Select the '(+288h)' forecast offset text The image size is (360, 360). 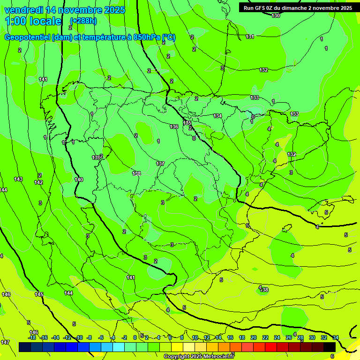coord(83,21)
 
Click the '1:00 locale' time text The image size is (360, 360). coord(33,21)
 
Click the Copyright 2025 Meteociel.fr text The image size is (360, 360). coord(199,356)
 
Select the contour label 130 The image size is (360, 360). coord(276,15)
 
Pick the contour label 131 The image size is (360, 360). coord(250,37)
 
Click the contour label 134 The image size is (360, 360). coord(217,116)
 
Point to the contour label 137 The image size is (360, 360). coord(160,164)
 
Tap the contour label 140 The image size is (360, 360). coord(79,180)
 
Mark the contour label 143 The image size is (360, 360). coord(18,180)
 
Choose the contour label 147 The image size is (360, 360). coord(5,342)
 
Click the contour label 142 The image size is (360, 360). coord(38,182)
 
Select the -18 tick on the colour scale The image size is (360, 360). coord(32,337)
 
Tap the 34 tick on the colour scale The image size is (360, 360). coord(336,337)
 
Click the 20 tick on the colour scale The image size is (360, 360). coord(253,337)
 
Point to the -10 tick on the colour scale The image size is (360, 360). coord(79,337)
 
